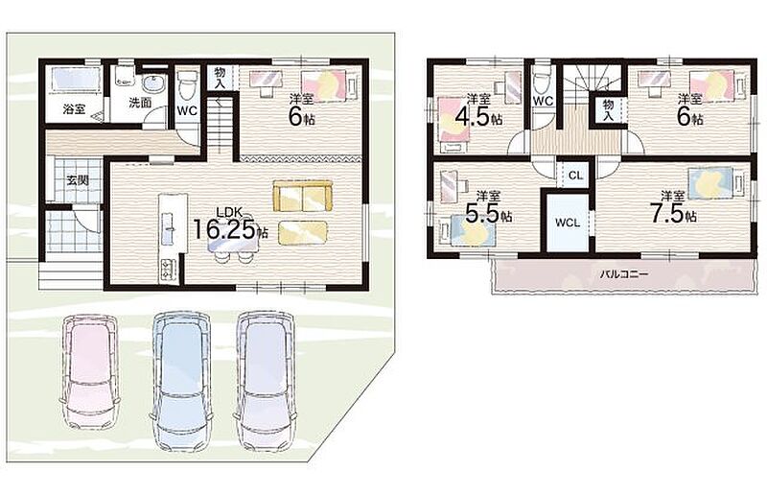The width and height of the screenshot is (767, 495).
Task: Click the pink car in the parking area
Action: (x=90, y=372)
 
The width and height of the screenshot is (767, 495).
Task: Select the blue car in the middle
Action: (x=181, y=381)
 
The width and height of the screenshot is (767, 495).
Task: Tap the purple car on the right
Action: (x=266, y=381)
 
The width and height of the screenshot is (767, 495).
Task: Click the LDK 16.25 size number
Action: (x=225, y=229)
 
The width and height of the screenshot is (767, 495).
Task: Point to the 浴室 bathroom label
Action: (x=75, y=108)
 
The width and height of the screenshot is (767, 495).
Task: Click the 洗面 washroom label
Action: (x=140, y=103)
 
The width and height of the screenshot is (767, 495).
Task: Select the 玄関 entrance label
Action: (x=78, y=179)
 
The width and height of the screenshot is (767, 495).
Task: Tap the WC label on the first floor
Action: (x=187, y=110)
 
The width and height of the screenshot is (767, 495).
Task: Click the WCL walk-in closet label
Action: (x=568, y=223)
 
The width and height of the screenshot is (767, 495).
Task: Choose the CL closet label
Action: (x=576, y=175)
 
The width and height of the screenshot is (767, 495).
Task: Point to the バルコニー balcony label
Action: (x=624, y=274)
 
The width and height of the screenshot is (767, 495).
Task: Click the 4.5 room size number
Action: (x=472, y=117)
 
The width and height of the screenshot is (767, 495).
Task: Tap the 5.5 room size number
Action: (x=482, y=214)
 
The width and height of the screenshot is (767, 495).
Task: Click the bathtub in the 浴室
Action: (x=76, y=80)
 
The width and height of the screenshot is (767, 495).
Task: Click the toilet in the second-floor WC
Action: (x=542, y=79)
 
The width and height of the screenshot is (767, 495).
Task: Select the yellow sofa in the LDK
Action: (x=302, y=197)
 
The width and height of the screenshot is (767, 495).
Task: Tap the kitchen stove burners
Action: (x=167, y=271)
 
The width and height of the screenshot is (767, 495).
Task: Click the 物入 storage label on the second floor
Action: (x=608, y=110)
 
